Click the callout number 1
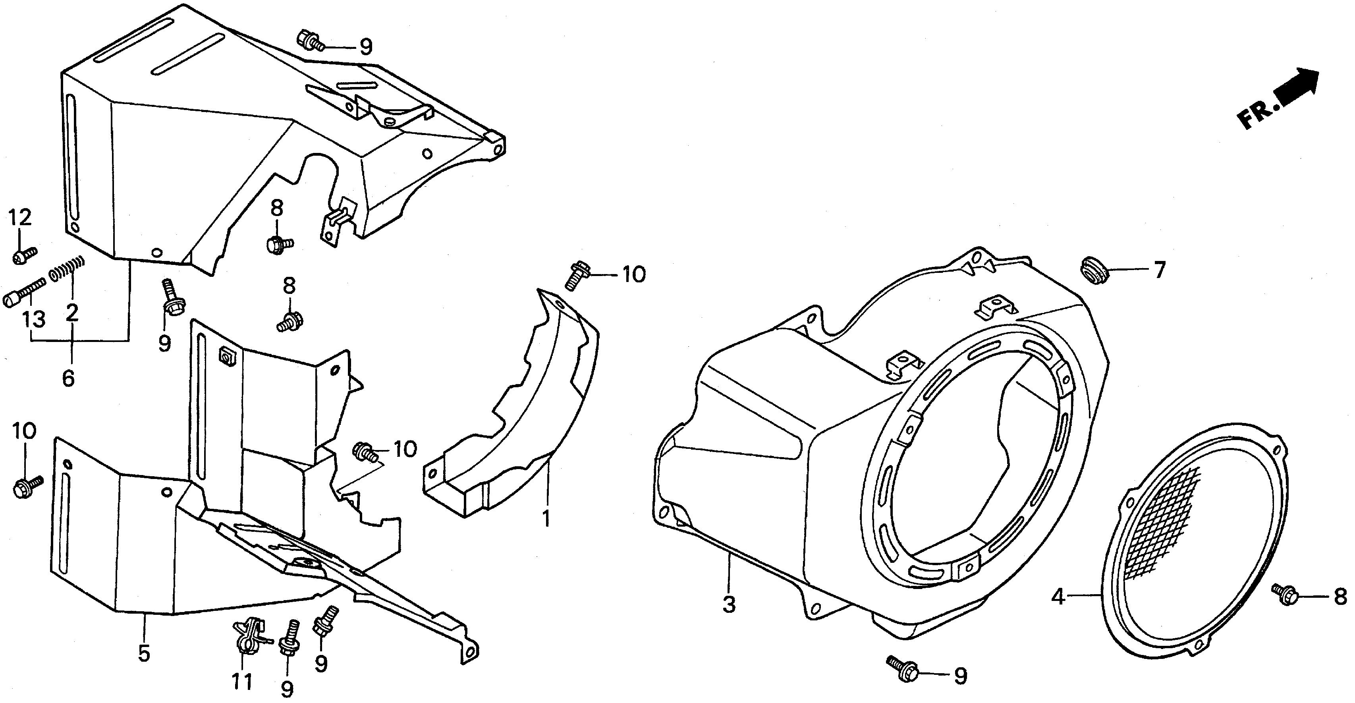[x=546, y=519]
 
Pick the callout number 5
[x=144, y=653]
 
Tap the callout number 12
[x=19, y=217]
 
